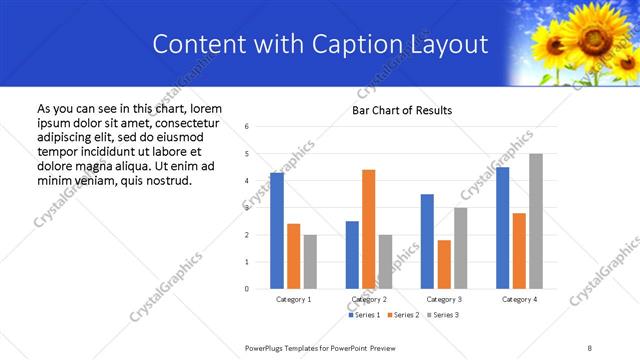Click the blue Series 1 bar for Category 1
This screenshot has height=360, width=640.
point(277,231)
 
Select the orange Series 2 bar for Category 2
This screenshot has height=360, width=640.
point(368,229)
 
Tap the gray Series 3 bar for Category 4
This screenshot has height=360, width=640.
point(535,221)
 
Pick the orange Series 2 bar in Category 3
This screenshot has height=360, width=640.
point(444,264)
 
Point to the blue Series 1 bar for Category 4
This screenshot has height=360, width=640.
point(502,228)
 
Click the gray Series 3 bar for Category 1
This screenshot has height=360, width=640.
point(310,262)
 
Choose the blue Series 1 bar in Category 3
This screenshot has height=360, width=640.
point(427,241)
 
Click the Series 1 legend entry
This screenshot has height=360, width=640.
point(364,315)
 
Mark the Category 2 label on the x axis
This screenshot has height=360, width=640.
point(368,299)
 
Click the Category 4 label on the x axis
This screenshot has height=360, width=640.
point(518,299)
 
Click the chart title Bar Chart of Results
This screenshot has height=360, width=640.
point(401,110)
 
